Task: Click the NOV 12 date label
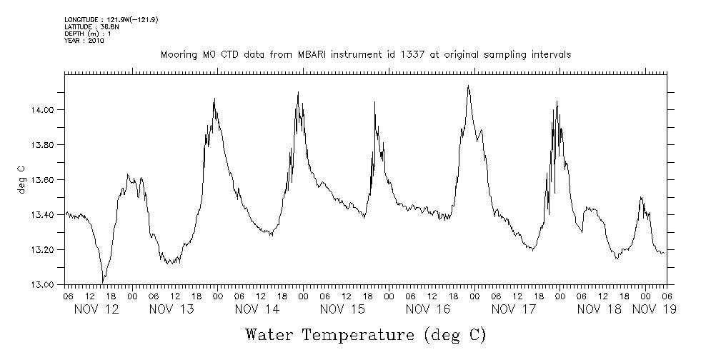tap(96, 309)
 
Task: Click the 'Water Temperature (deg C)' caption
tap(367, 334)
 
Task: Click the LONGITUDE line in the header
tap(111, 19)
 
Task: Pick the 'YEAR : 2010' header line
tap(84, 41)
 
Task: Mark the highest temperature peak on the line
tap(468, 86)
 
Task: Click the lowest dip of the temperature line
tap(103, 282)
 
